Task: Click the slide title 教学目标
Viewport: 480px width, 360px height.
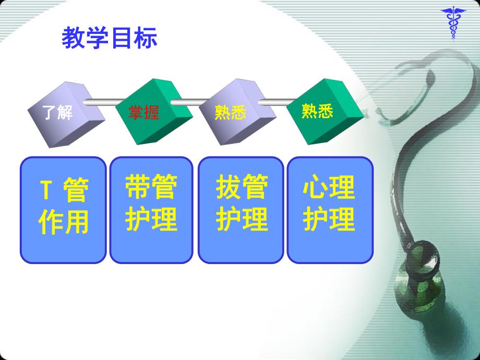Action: [x=109, y=39]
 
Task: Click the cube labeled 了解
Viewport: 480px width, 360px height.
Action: [x=58, y=111]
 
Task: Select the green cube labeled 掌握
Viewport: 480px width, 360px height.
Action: [x=145, y=111]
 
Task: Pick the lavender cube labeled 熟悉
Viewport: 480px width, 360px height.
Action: [x=231, y=111]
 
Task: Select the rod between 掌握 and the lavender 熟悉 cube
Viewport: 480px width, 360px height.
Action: [x=188, y=103]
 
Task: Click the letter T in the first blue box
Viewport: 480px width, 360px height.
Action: [x=45, y=190]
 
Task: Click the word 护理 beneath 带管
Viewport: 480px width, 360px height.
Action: [x=151, y=219]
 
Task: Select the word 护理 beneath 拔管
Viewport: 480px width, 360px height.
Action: [x=242, y=219]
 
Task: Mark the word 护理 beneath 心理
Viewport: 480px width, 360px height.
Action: [x=329, y=219]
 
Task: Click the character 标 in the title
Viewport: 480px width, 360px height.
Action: [x=146, y=39]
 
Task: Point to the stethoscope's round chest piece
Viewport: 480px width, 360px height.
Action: [x=417, y=284]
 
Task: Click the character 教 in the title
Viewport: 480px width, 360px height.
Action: [x=73, y=39]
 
